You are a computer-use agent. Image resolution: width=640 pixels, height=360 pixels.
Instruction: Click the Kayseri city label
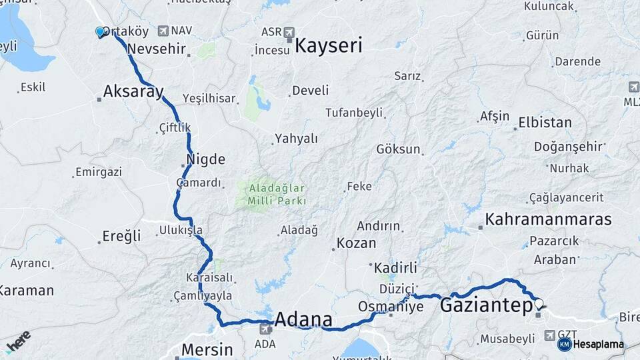(328, 46)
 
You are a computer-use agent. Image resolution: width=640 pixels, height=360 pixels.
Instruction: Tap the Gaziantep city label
(485, 306)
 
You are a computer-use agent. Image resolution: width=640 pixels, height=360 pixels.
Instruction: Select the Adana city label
(303, 317)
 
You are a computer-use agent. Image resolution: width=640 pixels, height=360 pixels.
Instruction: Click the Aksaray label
(133, 92)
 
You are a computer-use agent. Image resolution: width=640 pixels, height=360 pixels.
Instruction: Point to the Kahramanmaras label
(548, 219)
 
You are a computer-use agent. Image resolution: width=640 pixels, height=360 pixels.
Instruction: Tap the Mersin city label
(207, 349)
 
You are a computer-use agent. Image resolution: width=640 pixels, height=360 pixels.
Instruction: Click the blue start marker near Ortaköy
(101, 31)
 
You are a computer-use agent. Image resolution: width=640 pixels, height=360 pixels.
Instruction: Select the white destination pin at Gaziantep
(539, 304)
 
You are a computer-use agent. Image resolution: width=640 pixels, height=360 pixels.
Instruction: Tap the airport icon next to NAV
(163, 31)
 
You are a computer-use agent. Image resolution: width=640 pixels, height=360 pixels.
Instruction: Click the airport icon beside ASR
(289, 32)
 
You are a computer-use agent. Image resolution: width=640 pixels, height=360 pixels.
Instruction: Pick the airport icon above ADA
(265, 329)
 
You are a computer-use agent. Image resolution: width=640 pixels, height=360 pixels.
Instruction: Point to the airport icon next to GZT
(550, 335)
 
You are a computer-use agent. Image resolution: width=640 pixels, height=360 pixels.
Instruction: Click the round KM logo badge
(564, 344)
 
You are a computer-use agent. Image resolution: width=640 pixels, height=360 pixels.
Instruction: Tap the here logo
(17, 341)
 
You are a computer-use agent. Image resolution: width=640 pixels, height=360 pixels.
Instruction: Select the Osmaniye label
(391, 307)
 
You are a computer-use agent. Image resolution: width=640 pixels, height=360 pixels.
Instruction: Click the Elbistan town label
(545, 123)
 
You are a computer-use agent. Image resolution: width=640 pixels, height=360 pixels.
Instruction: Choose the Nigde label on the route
(206, 160)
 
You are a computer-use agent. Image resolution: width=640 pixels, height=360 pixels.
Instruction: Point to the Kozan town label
(357, 243)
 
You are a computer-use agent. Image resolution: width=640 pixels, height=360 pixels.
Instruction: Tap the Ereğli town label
(122, 236)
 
